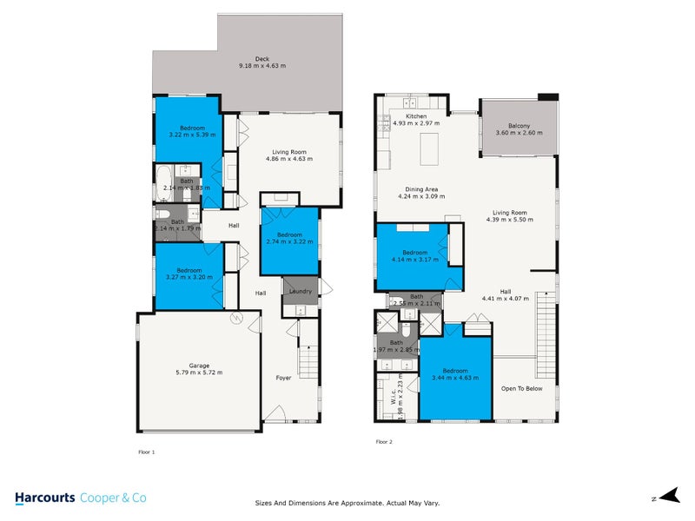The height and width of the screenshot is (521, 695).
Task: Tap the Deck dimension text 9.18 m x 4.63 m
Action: point(262,66)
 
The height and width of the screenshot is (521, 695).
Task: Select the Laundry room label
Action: point(301,290)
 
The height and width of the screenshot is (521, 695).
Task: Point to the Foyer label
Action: point(285,379)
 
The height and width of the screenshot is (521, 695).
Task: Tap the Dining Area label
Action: point(421,189)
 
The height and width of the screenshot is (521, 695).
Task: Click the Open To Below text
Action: point(521,388)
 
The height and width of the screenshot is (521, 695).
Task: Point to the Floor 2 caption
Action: point(384,442)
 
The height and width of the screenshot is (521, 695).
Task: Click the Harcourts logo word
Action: point(44,498)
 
